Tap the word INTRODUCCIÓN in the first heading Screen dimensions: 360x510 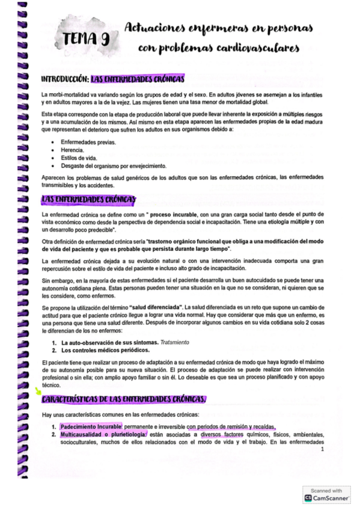[64, 79]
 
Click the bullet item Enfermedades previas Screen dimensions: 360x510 [88, 141]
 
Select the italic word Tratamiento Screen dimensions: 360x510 [170, 342]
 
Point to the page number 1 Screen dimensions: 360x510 [323, 449]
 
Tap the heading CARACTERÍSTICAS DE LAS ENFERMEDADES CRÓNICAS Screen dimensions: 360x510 [123, 399]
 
